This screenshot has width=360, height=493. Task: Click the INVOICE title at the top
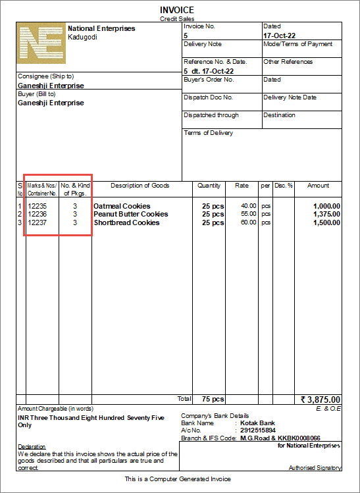(178, 10)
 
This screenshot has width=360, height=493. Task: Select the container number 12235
(38, 206)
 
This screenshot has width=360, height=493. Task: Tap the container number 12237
(38, 222)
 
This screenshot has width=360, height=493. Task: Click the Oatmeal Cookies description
(122, 206)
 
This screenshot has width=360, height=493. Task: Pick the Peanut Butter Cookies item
(130, 214)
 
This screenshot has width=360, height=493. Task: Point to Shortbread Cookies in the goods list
(126, 222)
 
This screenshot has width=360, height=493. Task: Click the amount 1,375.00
(326, 214)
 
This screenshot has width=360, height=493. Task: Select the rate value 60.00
(248, 222)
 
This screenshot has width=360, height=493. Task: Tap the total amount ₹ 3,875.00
(321, 399)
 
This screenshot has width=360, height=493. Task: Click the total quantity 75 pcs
(213, 399)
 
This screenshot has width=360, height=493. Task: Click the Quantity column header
(209, 186)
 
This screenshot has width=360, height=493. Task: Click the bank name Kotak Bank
(258, 423)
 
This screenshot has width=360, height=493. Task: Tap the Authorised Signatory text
(315, 468)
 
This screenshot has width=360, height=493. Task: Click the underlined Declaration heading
(32, 447)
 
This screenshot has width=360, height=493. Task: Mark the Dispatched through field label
(211, 115)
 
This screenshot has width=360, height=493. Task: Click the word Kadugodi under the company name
(83, 37)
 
